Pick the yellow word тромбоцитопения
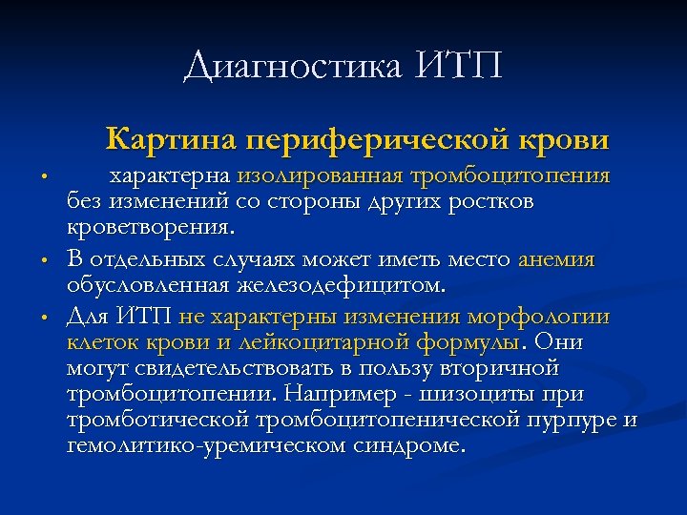pos(510,176)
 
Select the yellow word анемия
pos(556,259)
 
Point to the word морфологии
pos(539,317)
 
